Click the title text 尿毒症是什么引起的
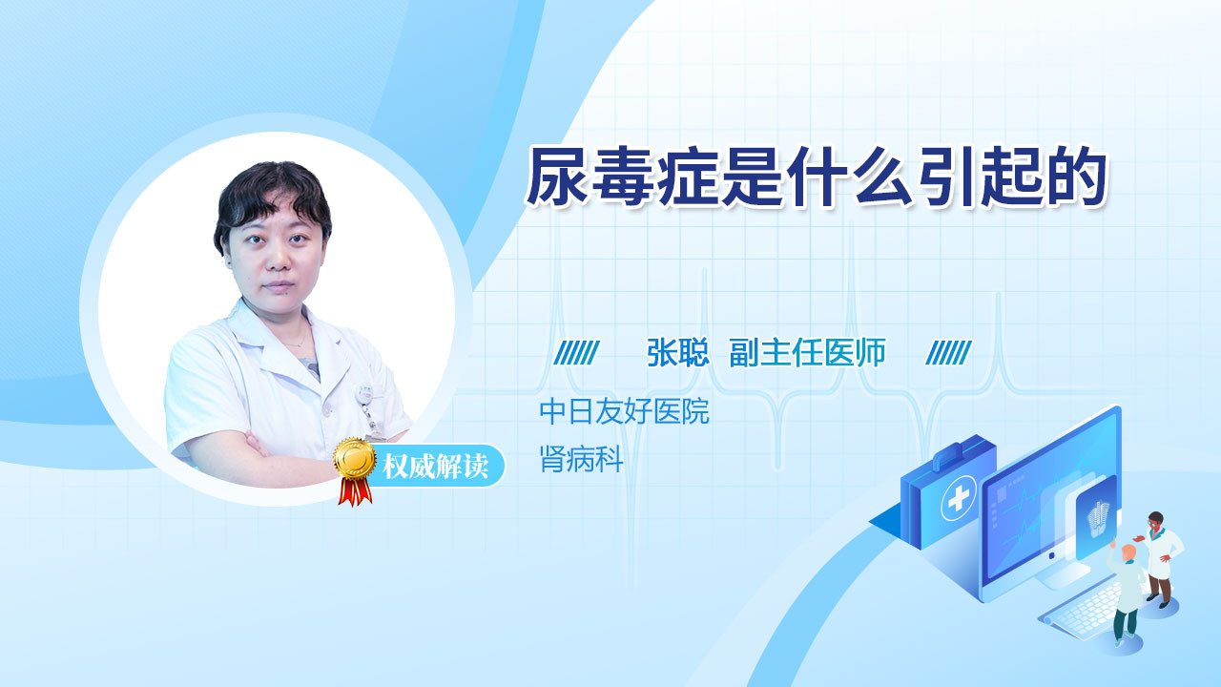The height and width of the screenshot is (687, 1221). pos(816,177)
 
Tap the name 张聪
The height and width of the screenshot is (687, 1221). pos(677,352)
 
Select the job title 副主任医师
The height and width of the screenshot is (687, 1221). pos(807,352)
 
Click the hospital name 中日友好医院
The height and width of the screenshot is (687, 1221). pos(624,411)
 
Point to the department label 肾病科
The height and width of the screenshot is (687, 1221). pos(581,459)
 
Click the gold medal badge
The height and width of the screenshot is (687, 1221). pos(355,459)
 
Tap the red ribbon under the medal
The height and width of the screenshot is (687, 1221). pos(355,491)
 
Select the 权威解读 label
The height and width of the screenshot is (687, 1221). pos(435,466)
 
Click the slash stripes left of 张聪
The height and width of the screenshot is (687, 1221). pos(576,353)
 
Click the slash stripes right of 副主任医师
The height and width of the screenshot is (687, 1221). pos(948,353)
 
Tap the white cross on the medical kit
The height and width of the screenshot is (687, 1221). pos(959,498)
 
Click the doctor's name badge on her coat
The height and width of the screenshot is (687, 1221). pos(364,393)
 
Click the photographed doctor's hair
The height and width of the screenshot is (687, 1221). pos(272,197)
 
